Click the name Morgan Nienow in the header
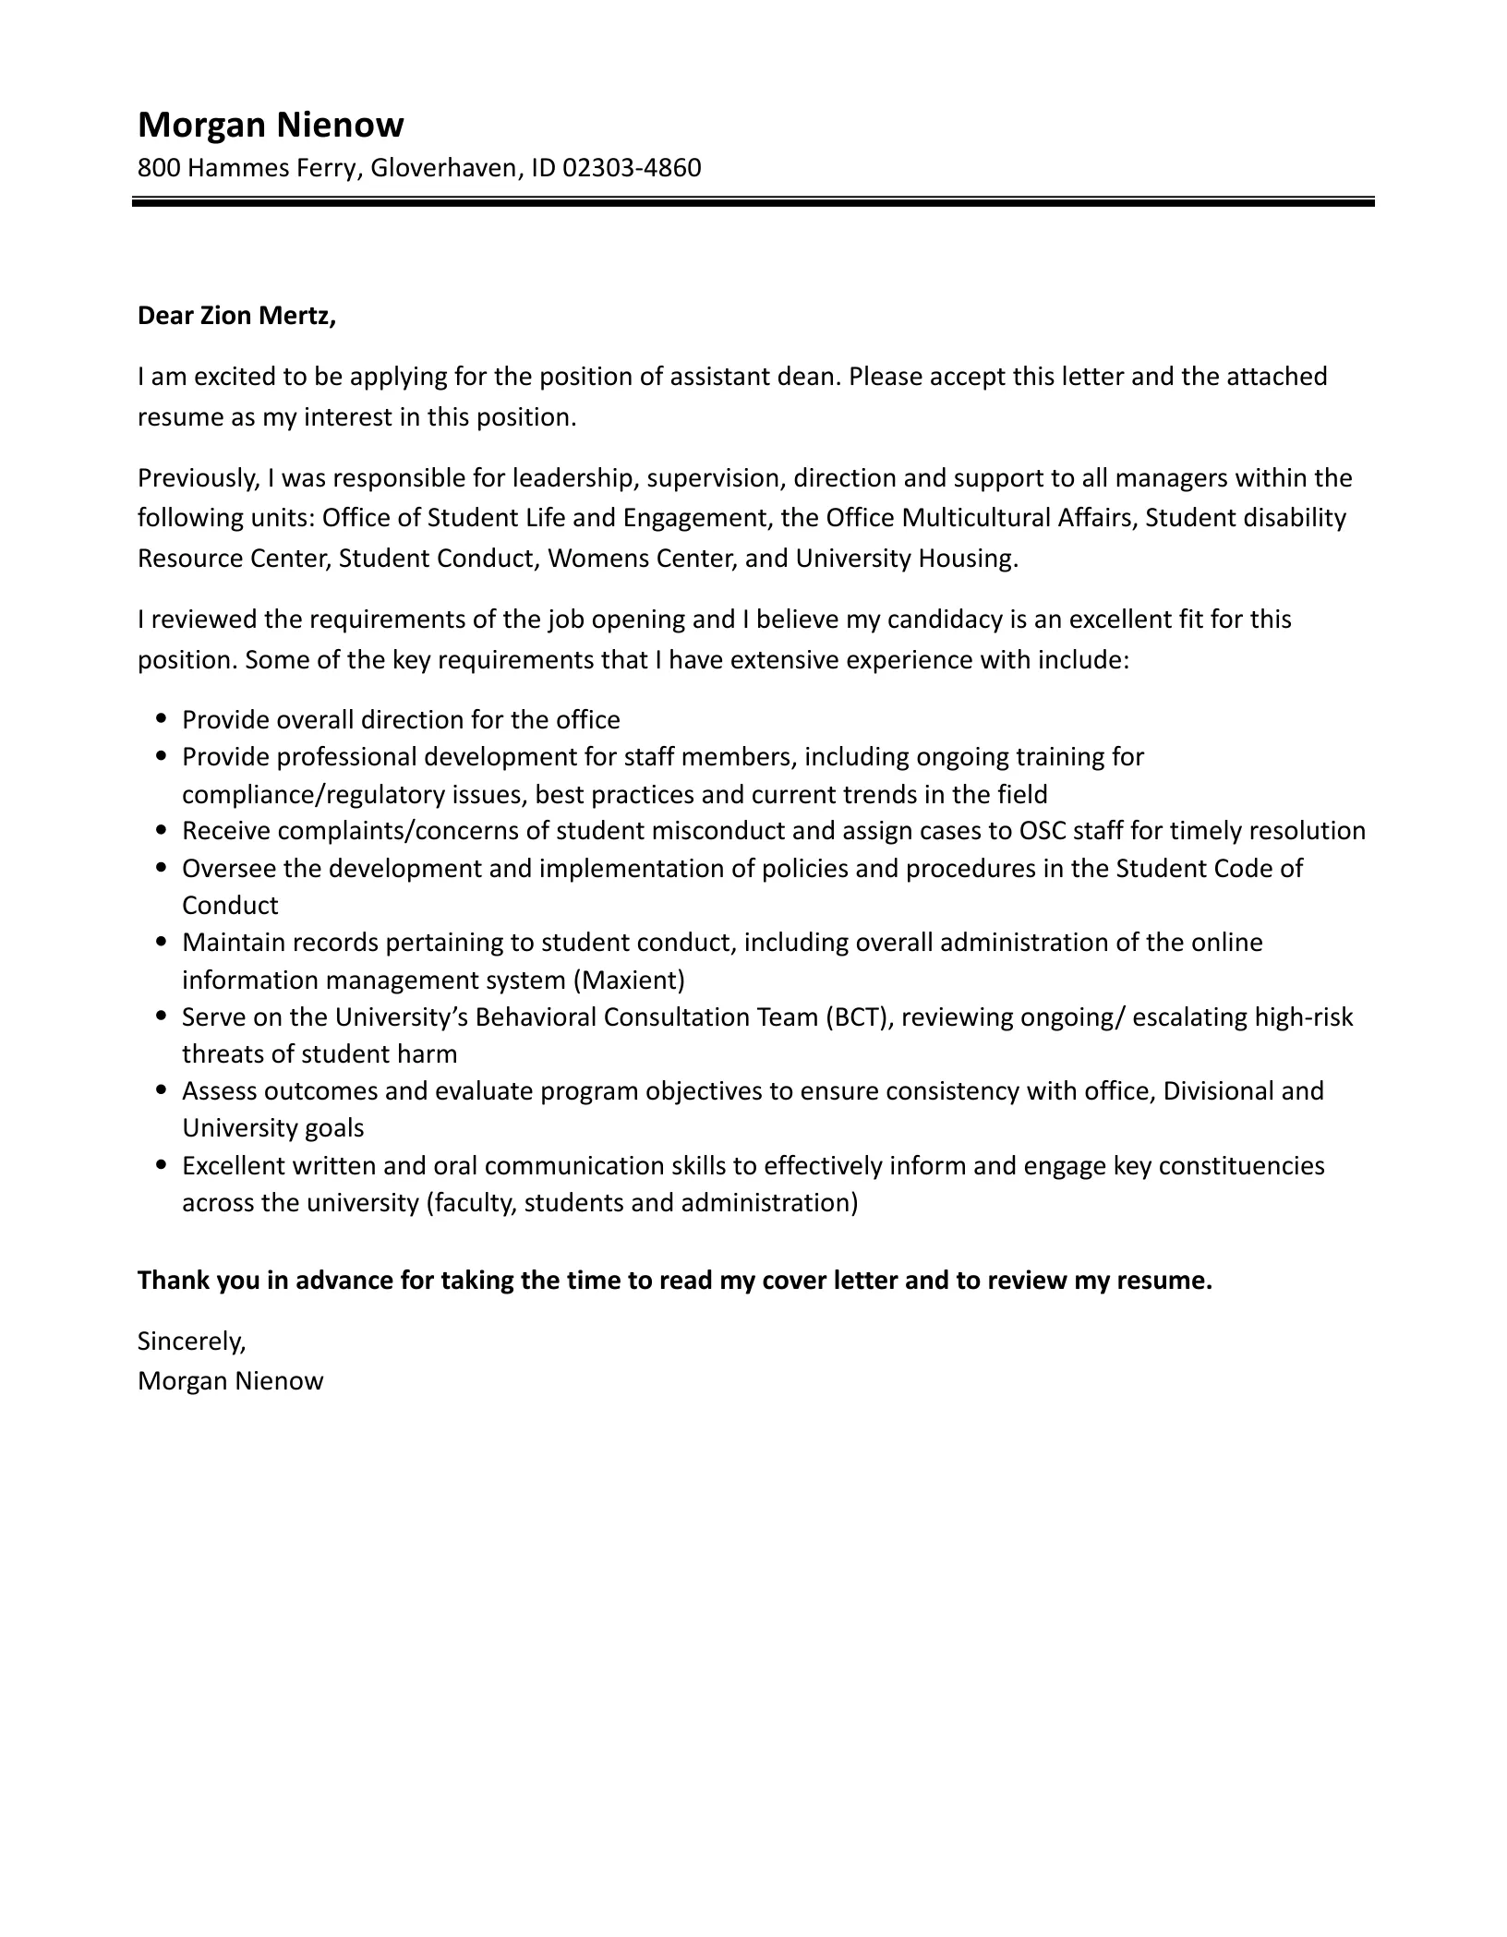click(271, 125)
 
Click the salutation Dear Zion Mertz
click(236, 317)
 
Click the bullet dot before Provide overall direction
click(163, 717)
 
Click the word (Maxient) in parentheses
click(629, 980)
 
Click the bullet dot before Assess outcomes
click(163, 1089)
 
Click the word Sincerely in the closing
click(191, 1341)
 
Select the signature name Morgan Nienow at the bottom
click(231, 1381)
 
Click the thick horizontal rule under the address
click(753, 201)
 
